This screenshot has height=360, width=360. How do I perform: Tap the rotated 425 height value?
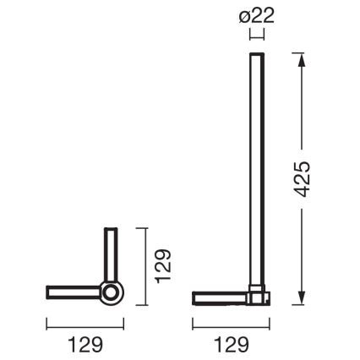point(306,178)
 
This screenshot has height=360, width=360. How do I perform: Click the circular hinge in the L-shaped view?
point(110,294)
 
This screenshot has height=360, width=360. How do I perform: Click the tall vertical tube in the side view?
point(255,169)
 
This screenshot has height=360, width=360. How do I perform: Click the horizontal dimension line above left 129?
point(85,322)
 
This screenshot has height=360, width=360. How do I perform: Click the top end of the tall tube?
point(255,55)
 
